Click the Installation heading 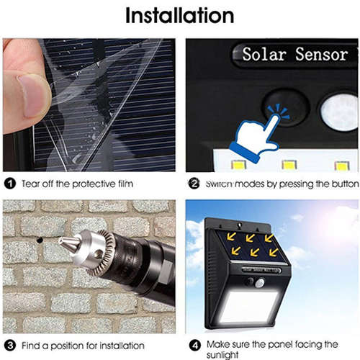point(179,16)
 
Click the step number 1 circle point(9,184)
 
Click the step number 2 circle point(193,184)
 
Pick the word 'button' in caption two point(340,184)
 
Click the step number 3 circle point(9,344)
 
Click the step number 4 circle point(193,344)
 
